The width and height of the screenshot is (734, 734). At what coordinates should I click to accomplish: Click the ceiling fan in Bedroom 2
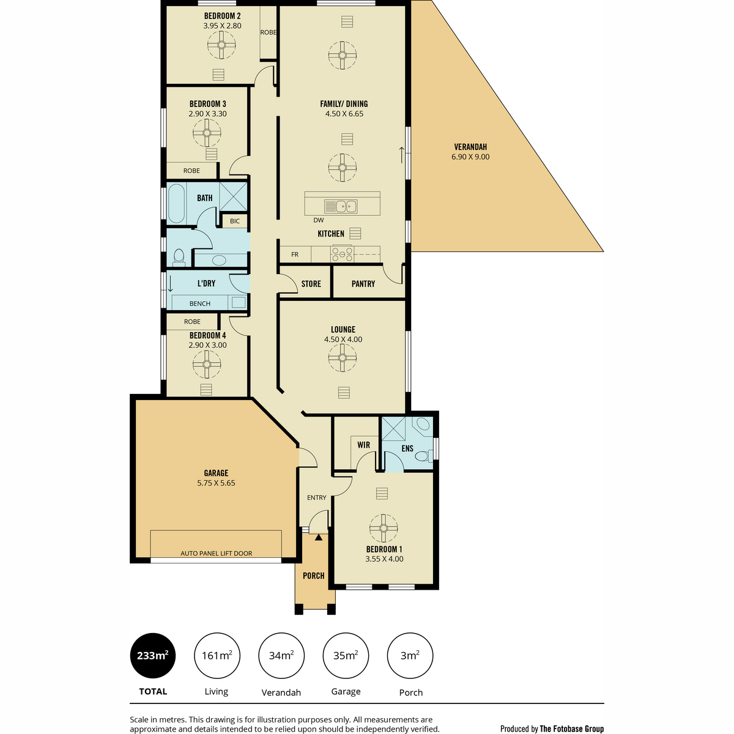[x=221, y=45]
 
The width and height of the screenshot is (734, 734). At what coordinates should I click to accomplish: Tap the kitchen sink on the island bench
[x=341, y=207]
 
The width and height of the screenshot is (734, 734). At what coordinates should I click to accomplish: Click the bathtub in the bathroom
[x=176, y=204]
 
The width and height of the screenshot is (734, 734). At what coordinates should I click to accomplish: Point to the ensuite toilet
[x=424, y=455]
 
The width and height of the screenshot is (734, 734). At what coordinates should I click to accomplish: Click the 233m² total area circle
[x=153, y=656]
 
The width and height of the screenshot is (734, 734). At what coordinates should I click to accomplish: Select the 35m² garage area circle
[x=346, y=656]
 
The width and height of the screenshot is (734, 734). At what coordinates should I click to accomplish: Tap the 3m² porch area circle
[x=410, y=656]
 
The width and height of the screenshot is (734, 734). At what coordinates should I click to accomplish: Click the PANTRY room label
[x=363, y=284]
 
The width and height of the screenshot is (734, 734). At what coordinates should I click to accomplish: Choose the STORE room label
[x=311, y=284]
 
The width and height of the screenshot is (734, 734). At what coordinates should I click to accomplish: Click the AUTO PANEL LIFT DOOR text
[x=216, y=554]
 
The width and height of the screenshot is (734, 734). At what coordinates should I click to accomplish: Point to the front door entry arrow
[x=319, y=538]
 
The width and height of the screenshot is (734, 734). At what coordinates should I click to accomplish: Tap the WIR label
[x=363, y=445]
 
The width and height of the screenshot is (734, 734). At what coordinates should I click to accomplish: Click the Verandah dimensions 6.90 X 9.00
[x=470, y=157]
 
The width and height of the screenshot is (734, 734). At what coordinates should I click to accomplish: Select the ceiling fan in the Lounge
[x=342, y=358]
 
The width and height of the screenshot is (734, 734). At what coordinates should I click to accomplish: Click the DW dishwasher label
[x=319, y=220]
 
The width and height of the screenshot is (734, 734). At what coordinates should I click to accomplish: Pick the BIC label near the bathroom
[x=235, y=221]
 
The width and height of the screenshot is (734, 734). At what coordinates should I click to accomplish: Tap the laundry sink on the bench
[x=239, y=302]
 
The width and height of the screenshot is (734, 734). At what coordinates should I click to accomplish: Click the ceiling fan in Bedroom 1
[x=383, y=528]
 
